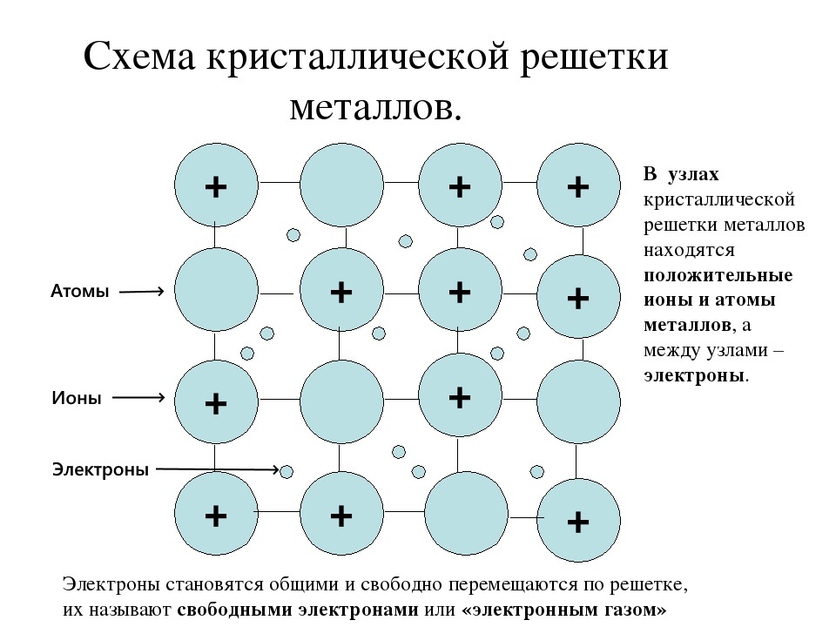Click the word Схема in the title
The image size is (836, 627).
139,59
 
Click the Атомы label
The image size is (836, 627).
80,293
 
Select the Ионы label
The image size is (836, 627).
77,398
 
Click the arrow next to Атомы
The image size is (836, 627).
141,292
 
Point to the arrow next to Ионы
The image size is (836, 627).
139,397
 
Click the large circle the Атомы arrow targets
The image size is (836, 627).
216,290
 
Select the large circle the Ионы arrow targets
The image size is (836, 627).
216,401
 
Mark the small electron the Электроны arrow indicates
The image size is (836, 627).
287,471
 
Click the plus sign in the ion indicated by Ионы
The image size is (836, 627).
215,403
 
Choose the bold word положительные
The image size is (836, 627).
718,275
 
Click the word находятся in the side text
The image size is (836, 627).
690,251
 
